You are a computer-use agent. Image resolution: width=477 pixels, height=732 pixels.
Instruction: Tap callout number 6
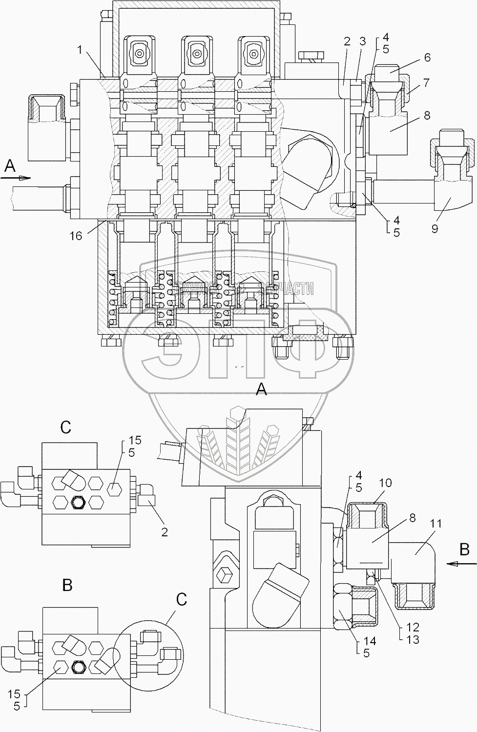pyautogui.click(x=427, y=57)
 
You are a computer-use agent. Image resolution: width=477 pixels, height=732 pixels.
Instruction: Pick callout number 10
pyautogui.click(x=385, y=497)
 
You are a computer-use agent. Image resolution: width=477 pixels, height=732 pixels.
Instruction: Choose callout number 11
pyautogui.click(x=436, y=524)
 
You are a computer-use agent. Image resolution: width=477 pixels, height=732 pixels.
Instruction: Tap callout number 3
pyautogui.click(x=363, y=42)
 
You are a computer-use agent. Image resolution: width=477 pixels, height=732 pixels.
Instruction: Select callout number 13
pyautogui.click(x=413, y=639)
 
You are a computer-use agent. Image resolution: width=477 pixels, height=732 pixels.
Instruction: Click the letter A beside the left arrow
pyautogui.click(x=9, y=167)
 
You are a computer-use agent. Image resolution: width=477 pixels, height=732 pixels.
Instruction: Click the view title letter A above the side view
pyautogui.click(x=262, y=389)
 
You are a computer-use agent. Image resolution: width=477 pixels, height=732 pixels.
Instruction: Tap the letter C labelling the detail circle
pyautogui.click(x=181, y=599)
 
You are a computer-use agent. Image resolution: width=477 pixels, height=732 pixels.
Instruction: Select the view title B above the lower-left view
pyautogui.click(x=67, y=585)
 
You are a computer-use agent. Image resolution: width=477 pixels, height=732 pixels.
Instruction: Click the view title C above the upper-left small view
pyautogui.click(x=66, y=427)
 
